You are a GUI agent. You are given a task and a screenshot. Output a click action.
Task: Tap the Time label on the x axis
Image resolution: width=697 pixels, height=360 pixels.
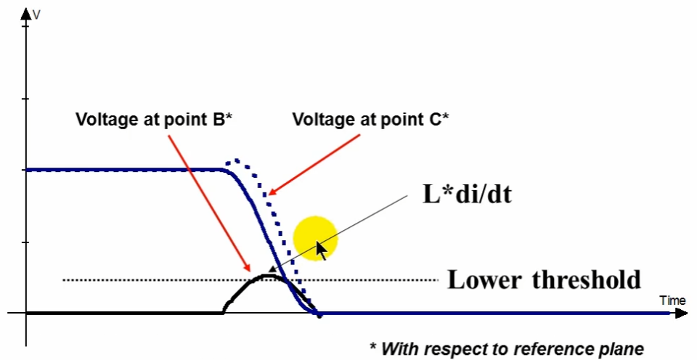672,300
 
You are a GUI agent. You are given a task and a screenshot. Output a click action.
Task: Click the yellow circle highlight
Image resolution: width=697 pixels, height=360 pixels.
315,238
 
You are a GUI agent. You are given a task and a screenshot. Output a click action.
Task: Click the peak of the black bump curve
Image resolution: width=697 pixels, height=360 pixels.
269,275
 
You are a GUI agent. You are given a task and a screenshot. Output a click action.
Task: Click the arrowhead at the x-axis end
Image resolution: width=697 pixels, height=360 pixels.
682,314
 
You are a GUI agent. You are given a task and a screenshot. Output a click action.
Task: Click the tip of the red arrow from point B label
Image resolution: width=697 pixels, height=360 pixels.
251,271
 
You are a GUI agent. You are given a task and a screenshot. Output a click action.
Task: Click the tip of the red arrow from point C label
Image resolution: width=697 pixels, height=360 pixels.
269,195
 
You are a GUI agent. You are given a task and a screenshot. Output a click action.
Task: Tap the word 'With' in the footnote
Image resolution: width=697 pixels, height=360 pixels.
396,348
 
